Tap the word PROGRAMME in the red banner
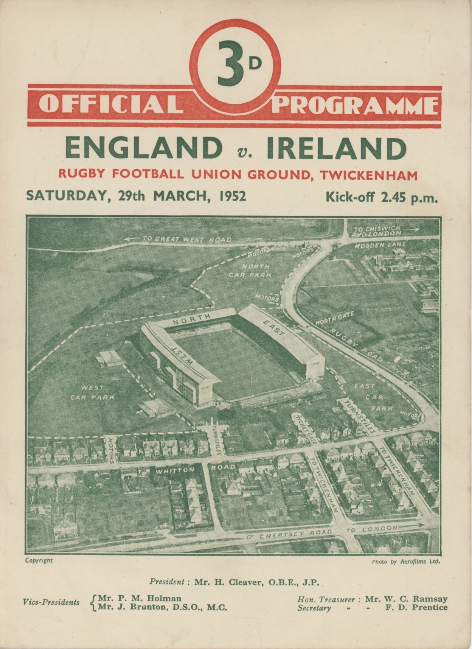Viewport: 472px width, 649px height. tap(356, 104)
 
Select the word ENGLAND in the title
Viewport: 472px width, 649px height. tap(143, 149)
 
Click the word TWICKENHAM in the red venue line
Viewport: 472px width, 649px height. tap(369, 175)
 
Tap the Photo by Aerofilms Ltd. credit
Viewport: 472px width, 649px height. tap(406, 562)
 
